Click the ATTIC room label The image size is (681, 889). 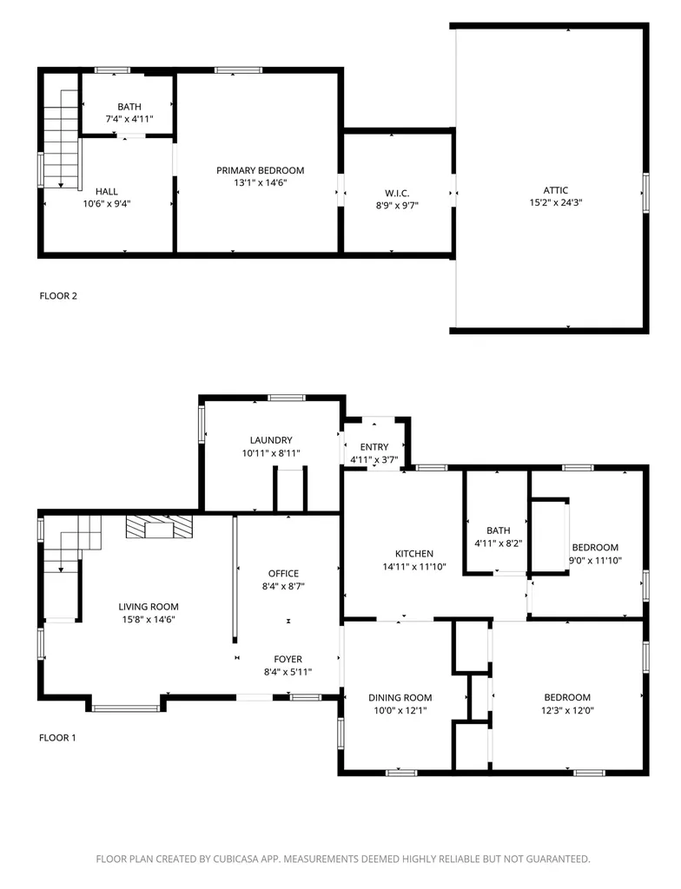pos(556,190)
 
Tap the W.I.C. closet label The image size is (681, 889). pos(397,193)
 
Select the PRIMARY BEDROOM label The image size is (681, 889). pos(261,170)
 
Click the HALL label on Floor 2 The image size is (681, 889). pos(107,191)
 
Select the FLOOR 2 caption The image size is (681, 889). pos(58,296)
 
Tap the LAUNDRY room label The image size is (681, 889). pos(271,440)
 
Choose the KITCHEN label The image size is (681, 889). pos(414,554)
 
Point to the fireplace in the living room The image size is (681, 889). pos(160,526)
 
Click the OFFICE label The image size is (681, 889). pos(283,573)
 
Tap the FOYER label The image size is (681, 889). pos(288,659)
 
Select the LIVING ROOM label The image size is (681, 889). pos(150,607)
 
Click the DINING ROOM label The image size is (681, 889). pos(400,697)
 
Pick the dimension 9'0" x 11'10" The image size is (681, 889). pos(594,560)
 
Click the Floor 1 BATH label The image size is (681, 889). pos(498,530)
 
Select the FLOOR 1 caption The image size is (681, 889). pos(58,738)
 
